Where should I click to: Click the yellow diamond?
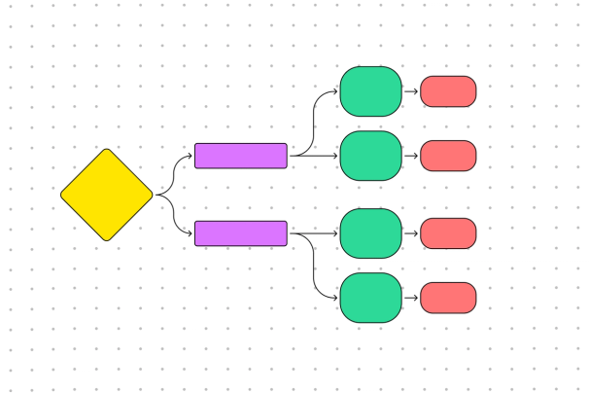[107, 195]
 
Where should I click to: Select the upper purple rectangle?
[240, 156]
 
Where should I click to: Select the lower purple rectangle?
[240, 233]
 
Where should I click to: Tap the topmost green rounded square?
[370, 91]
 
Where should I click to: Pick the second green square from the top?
[370, 156]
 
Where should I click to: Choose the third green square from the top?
[370, 233]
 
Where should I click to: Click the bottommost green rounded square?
[370, 298]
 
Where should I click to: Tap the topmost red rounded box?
[448, 91]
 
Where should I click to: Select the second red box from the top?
[448, 156]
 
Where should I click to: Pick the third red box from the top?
[448, 233]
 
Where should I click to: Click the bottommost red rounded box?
[448, 298]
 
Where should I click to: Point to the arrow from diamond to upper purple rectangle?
[173, 173]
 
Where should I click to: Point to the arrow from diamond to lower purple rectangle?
[173, 216]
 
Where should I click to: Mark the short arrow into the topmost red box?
[411, 91]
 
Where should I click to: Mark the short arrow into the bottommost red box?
[411, 298]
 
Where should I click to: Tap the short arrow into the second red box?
[411, 156]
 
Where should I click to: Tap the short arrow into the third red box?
[411, 233]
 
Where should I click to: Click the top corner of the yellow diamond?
[107, 151]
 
